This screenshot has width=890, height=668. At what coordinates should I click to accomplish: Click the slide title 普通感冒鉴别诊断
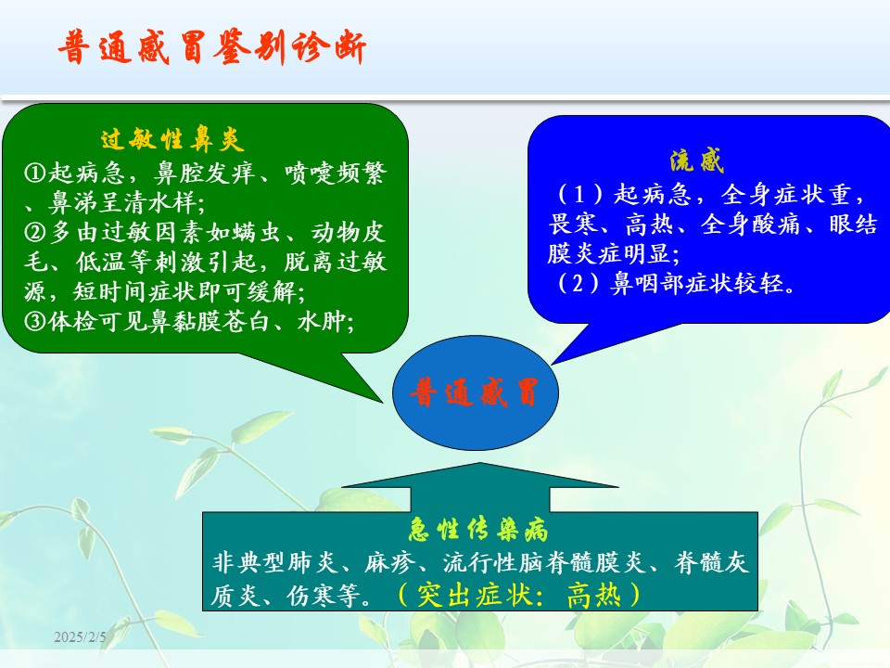tap(211, 46)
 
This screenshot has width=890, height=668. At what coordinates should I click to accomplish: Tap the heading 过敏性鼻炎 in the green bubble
tap(172, 139)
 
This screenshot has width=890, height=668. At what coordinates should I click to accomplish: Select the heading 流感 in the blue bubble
tap(696, 161)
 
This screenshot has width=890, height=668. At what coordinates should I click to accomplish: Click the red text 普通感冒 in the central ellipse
tap(475, 392)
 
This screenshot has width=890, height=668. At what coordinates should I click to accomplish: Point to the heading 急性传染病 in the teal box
tap(478, 530)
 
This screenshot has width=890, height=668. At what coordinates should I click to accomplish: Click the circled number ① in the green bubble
tap(34, 173)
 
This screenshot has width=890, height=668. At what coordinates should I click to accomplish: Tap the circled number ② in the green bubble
tap(34, 232)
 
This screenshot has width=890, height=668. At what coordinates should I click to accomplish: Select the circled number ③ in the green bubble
tap(34, 322)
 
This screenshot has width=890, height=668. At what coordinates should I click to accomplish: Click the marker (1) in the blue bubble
tap(578, 194)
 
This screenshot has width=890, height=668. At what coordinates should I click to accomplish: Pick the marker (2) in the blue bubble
tap(578, 282)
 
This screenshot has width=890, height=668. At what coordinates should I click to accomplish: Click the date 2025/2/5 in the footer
tap(80, 636)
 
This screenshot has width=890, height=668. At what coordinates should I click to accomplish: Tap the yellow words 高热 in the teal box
tap(593, 596)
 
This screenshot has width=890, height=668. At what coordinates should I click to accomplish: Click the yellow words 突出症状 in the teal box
tap(475, 596)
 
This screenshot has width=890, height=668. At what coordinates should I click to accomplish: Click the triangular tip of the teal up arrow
tap(480, 464)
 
